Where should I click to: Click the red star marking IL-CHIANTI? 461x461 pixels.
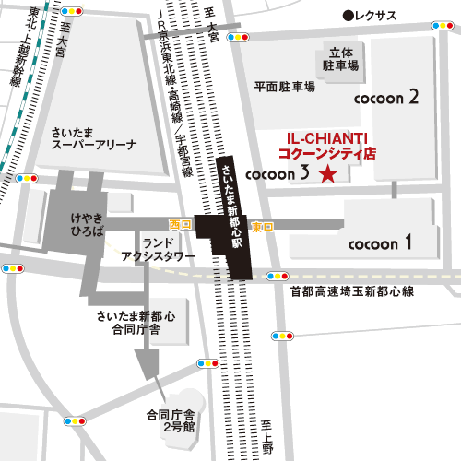click(326, 174)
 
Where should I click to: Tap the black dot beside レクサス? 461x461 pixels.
click(348, 15)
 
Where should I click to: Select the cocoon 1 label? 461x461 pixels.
click(380, 244)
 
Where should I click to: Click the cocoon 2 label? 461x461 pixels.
click(388, 96)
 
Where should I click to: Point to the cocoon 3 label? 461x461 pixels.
click(278, 173)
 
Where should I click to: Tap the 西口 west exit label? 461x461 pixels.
click(179, 225)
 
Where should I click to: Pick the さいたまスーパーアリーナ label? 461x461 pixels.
click(95, 138)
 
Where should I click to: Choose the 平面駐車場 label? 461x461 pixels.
click(285, 86)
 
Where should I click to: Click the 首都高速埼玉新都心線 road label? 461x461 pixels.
click(353, 291)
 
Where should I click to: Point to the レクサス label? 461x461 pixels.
click(376, 15)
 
